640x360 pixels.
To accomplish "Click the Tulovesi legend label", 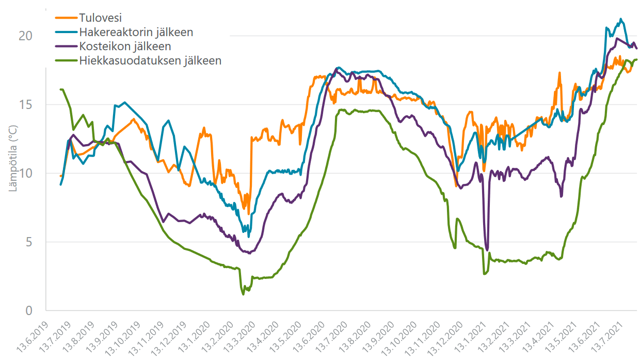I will [x=101, y=18].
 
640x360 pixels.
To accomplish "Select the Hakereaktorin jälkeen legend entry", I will [x=136, y=32].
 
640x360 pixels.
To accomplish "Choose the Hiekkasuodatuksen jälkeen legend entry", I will [x=150, y=60].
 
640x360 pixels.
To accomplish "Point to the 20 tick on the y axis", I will [x=26, y=36].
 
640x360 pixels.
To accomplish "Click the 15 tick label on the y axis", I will [x=26, y=104].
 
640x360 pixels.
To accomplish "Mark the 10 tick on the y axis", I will [x=26, y=173].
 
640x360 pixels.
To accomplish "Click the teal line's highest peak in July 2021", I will [x=621, y=19].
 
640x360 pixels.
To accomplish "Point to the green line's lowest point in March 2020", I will [x=243, y=294].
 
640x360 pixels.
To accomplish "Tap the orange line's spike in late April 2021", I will [x=559, y=73].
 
